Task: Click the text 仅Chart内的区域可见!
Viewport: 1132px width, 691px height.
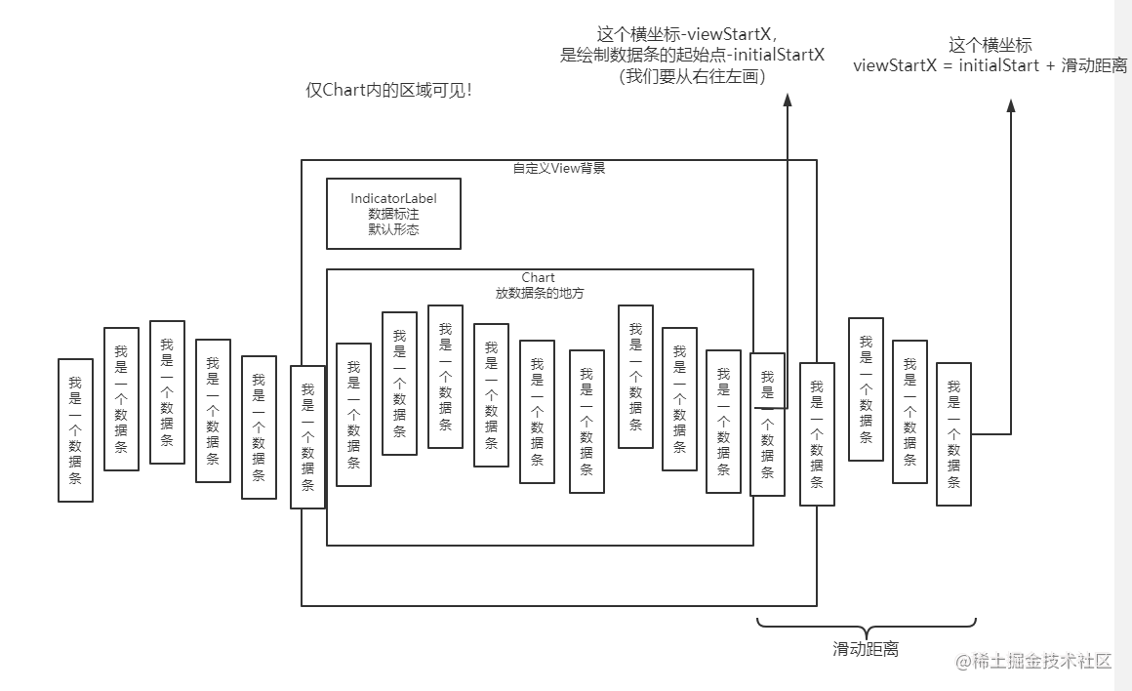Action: [388, 91]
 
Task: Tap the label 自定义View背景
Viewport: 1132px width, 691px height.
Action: [559, 168]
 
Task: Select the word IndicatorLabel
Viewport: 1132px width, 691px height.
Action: [393, 198]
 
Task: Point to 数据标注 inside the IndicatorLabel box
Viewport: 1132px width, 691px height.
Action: [393, 214]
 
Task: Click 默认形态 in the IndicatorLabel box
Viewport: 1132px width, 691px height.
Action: [393, 230]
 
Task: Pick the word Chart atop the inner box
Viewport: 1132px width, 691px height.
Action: [539, 278]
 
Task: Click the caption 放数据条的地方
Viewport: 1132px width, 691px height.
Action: [539, 293]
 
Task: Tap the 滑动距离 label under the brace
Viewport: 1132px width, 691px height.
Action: [866, 649]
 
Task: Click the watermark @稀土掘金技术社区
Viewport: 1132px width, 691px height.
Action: [1033, 661]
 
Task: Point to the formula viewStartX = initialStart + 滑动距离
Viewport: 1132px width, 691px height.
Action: [990, 65]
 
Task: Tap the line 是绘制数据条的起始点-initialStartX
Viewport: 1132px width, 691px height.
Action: [692, 55]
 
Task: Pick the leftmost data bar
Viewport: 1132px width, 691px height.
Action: [75, 430]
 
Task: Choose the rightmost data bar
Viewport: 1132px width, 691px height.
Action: [953, 434]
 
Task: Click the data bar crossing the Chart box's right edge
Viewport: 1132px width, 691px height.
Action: [767, 424]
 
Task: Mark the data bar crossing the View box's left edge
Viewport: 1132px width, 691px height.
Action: [307, 437]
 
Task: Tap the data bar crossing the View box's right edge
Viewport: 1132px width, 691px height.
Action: [817, 434]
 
